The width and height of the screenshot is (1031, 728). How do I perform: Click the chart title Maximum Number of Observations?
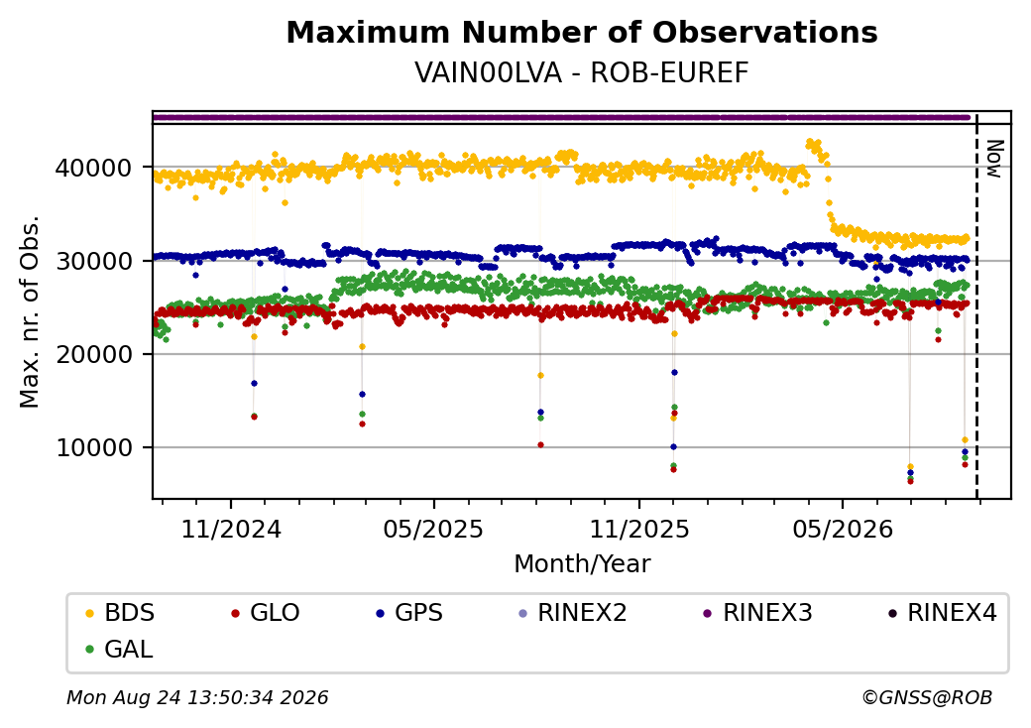582,32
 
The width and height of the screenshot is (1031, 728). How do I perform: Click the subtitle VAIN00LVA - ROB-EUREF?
581,73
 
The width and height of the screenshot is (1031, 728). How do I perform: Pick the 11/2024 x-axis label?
231,530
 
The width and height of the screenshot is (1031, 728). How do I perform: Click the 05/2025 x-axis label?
433,530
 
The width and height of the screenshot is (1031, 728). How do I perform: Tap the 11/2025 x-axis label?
639,530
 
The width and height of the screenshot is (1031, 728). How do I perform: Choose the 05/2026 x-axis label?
843,530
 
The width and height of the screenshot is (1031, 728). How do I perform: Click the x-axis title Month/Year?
582,564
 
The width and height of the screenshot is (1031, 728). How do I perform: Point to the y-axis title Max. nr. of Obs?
29,311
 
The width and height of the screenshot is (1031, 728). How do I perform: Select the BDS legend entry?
120,613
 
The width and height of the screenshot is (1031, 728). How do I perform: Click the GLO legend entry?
265,613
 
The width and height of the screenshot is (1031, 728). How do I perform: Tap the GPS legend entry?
409,613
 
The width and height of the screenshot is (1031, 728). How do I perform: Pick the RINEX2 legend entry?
572,613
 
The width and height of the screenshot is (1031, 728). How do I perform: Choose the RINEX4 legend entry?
942,613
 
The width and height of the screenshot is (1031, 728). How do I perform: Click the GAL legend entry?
120,649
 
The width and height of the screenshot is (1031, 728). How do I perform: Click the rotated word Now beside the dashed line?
993,159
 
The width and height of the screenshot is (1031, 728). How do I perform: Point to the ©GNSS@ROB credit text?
927,697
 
